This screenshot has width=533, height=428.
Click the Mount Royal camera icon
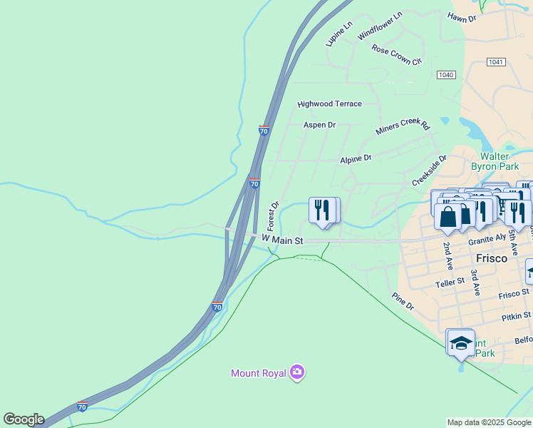297,372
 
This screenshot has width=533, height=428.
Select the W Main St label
282,238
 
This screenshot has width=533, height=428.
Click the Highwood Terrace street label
329,104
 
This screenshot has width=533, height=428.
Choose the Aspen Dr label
319,125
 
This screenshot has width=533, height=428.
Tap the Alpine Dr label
356,158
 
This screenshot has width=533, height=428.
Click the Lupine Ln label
338,34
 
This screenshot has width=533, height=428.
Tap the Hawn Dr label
461,16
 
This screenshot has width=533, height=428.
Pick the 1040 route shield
446,75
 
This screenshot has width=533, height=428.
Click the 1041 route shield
496,62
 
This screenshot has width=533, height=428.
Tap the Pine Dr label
403,300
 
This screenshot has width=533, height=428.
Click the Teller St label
449,284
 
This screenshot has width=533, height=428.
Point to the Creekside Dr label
428,170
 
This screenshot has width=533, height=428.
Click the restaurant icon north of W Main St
322,210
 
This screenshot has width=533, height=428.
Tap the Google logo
24,419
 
